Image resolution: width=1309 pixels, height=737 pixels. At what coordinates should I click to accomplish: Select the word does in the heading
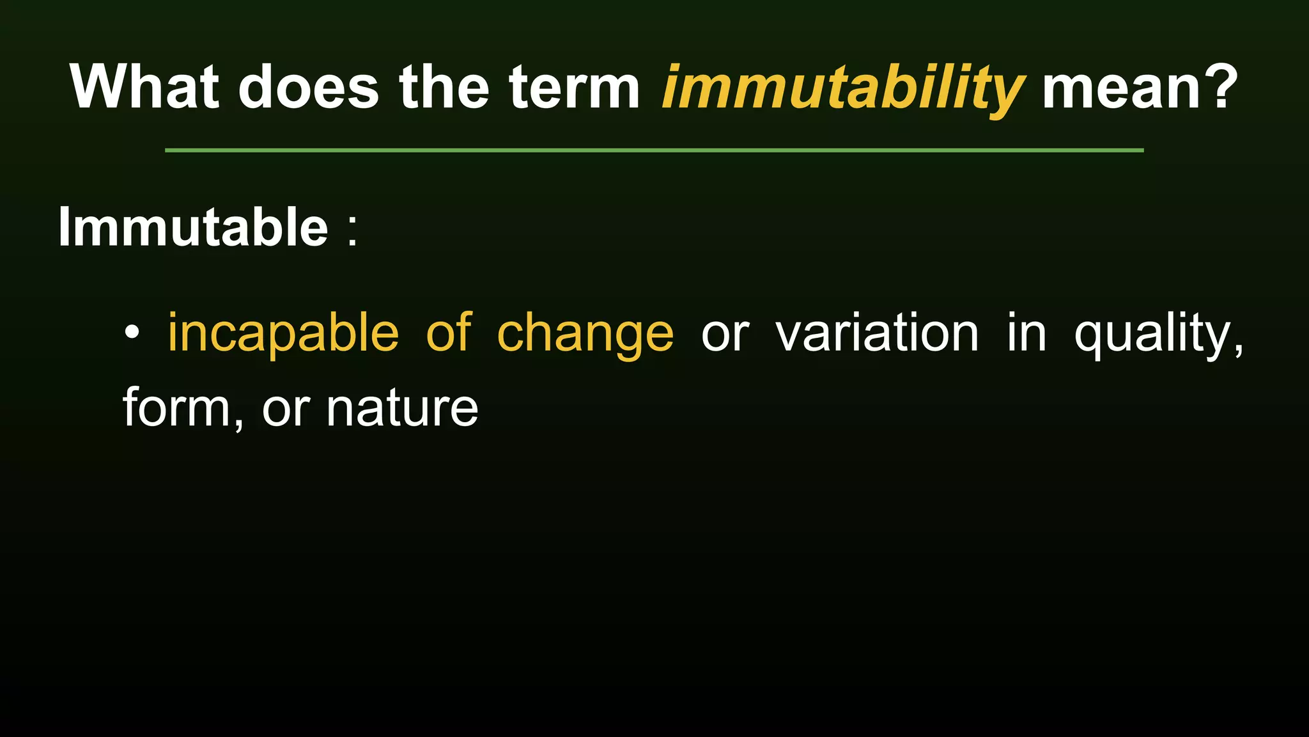pos(309,87)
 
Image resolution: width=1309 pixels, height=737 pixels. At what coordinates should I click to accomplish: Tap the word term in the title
pos(574,87)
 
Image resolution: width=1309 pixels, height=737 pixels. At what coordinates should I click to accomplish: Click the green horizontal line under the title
pos(654,150)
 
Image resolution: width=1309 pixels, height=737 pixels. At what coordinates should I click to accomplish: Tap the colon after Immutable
pos(353,229)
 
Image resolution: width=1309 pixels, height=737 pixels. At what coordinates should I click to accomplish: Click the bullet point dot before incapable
pos(132,333)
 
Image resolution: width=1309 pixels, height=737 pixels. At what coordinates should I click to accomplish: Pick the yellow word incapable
pos(283,334)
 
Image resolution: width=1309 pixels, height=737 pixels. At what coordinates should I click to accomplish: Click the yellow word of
pos(449,333)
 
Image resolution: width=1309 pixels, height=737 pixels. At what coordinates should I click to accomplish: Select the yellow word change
pos(585,334)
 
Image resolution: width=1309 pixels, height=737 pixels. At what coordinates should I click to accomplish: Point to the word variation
pos(877,333)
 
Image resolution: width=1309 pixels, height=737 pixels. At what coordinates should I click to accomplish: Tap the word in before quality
pos(1026,333)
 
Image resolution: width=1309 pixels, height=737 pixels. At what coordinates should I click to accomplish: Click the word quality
pos(1158,334)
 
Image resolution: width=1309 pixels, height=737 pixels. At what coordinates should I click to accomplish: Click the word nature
pos(402,409)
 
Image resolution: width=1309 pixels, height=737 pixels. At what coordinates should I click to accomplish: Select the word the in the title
pos(444,87)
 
